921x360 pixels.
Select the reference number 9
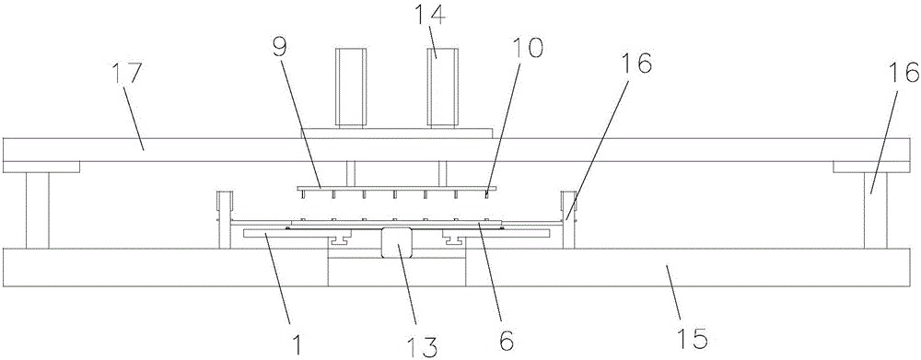click(280, 49)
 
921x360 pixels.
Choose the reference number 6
click(506, 339)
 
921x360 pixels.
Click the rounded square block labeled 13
click(396, 242)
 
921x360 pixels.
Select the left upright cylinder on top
click(351, 87)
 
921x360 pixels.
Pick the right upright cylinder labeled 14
click(443, 87)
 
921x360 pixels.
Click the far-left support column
click(37, 210)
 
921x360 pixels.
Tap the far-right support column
click(875, 210)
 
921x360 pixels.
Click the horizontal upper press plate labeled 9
click(397, 189)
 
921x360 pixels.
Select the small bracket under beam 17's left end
click(41, 168)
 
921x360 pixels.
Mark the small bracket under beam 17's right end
click(871, 168)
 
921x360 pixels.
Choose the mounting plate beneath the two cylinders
click(396, 133)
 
